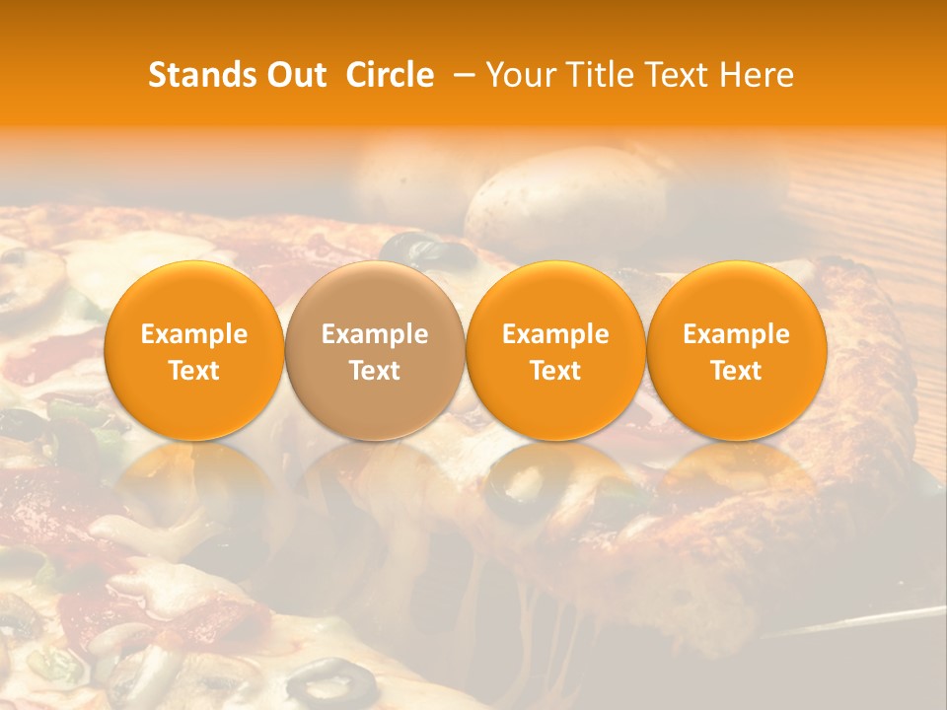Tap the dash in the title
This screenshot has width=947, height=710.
[459, 75]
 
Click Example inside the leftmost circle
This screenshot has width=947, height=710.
[194, 334]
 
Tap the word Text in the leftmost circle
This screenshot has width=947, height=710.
[194, 371]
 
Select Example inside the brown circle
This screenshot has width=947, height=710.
[375, 334]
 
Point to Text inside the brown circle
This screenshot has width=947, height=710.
[375, 371]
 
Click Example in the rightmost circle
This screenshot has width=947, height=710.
[737, 334]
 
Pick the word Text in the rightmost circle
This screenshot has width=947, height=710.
[737, 371]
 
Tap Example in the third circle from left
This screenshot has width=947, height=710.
[555, 334]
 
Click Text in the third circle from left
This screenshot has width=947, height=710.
[555, 371]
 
